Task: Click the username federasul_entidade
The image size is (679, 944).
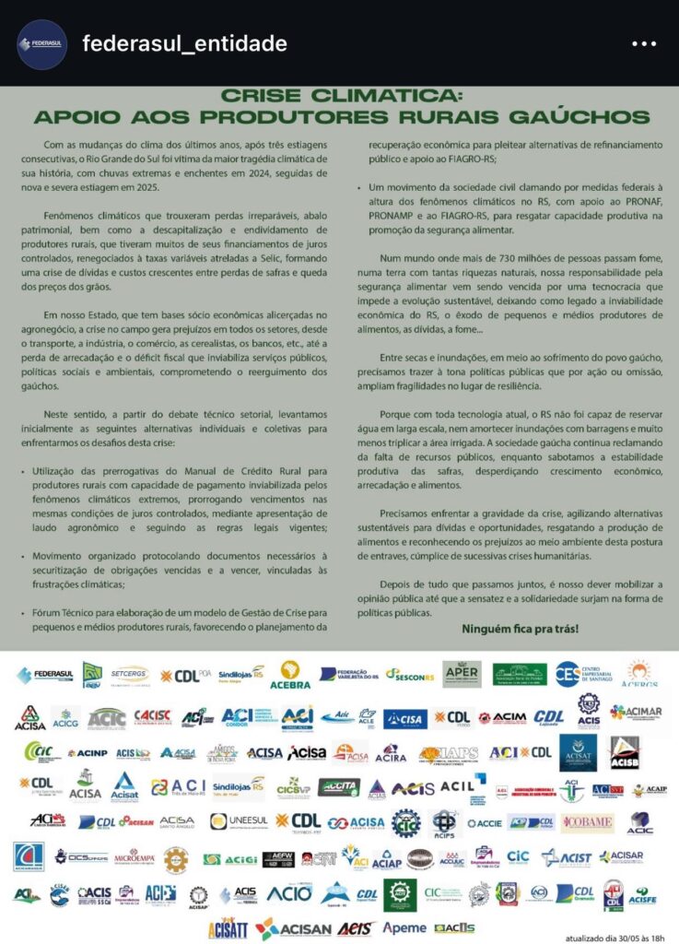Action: pos(184,43)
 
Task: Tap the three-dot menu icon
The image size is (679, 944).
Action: pos(642,43)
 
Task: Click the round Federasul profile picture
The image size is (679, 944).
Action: pos(41,43)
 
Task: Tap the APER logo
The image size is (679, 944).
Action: pos(462,674)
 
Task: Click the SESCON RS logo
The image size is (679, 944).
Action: pos(409,675)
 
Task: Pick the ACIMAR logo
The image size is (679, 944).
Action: pos(636,713)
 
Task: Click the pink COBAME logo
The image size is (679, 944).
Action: pos(587,820)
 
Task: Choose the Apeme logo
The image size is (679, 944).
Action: pos(404,926)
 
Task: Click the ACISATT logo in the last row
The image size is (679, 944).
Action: pos(228,927)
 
